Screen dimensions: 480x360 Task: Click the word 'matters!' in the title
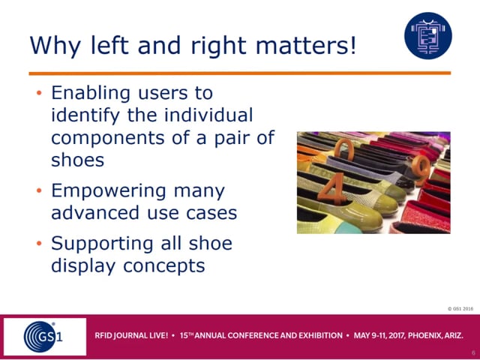(x=306, y=45)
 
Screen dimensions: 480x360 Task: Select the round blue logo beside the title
(x=428, y=36)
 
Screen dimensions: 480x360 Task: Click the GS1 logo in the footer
(x=43, y=337)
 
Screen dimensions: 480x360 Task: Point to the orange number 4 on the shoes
(x=331, y=188)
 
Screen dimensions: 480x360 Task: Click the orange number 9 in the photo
(x=421, y=169)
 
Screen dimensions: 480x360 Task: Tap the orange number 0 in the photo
(x=344, y=149)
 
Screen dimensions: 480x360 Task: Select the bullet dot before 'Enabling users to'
(x=39, y=92)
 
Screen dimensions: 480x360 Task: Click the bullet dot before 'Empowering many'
(x=39, y=190)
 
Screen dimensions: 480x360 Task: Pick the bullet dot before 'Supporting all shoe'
(x=39, y=243)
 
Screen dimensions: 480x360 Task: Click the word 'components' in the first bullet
(x=108, y=138)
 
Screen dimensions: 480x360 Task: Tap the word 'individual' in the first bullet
(x=208, y=115)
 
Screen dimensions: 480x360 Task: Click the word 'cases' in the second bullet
(x=211, y=213)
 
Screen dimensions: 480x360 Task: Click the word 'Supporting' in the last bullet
(x=102, y=244)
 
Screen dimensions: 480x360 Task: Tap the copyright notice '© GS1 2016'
(x=460, y=309)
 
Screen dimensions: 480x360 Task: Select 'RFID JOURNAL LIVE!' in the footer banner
(x=131, y=335)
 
